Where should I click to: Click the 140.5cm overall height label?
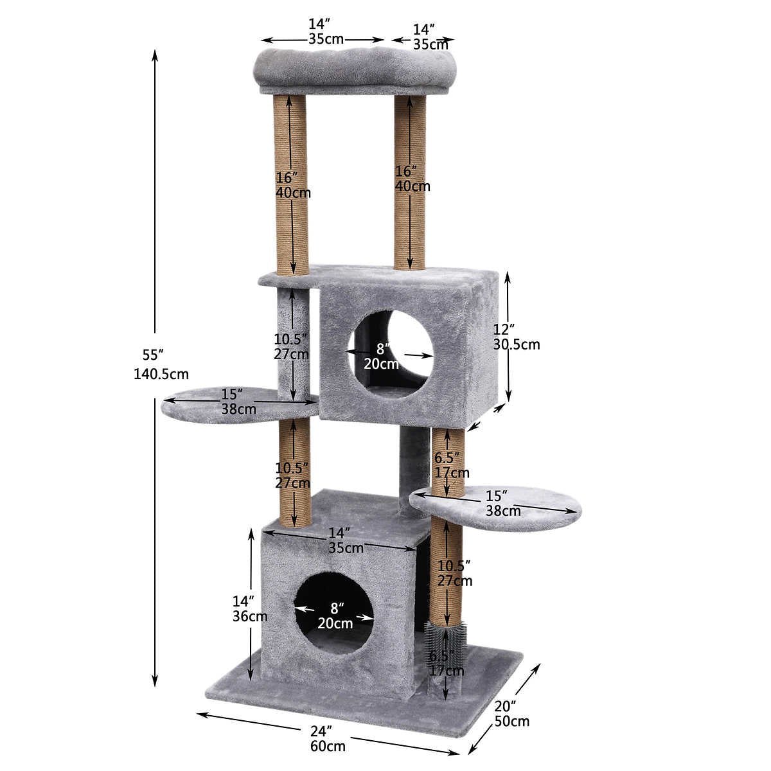[x=161, y=374]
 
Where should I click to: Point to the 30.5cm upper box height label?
[x=516, y=344]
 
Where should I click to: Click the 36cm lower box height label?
[x=250, y=616]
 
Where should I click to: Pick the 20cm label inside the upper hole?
[x=381, y=364]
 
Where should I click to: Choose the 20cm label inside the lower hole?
[x=335, y=623]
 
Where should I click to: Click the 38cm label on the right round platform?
[x=503, y=511]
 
